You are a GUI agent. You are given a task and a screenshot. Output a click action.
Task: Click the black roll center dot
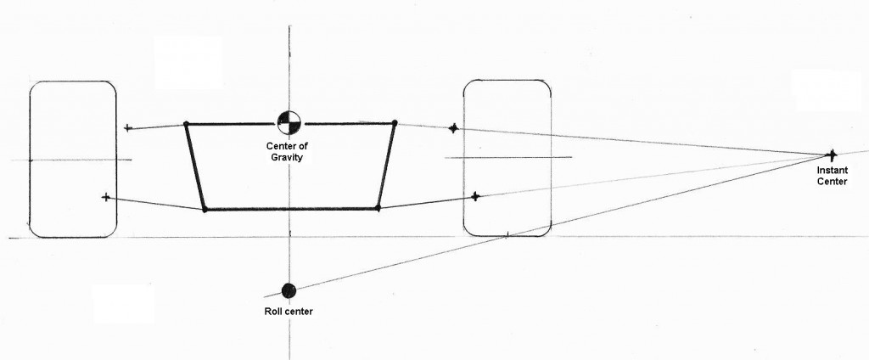point(289,290)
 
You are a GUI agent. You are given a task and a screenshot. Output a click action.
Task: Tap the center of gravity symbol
point(289,123)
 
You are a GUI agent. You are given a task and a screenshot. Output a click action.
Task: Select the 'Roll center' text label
point(289,312)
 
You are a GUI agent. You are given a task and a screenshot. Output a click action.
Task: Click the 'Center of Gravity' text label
point(287,151)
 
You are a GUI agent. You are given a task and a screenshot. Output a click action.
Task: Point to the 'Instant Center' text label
point(832,176)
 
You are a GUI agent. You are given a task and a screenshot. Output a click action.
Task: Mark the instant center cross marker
point(832,155)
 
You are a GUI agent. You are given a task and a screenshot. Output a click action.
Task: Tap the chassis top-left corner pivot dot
point(186,124)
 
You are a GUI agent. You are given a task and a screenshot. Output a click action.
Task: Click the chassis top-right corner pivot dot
point(394,122)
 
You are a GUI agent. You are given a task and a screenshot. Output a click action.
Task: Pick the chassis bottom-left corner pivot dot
point(205,209)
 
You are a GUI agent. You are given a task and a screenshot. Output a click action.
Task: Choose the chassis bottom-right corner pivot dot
point(378,208)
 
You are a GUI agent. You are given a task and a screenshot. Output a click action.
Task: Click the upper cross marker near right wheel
point(453,129)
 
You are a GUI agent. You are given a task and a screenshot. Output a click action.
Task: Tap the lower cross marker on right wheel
point(475,196)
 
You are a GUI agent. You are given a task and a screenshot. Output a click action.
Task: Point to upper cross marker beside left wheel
point(128,128)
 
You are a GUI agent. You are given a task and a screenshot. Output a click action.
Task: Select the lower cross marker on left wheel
point(106,197)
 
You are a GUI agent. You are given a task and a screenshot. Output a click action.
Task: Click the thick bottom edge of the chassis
point(292,209)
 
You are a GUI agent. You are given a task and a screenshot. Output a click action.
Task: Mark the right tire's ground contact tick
point(507,236)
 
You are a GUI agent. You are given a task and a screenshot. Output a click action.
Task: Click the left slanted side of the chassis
point(196,166)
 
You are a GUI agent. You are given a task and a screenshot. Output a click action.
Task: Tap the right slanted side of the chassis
point(386,166)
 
